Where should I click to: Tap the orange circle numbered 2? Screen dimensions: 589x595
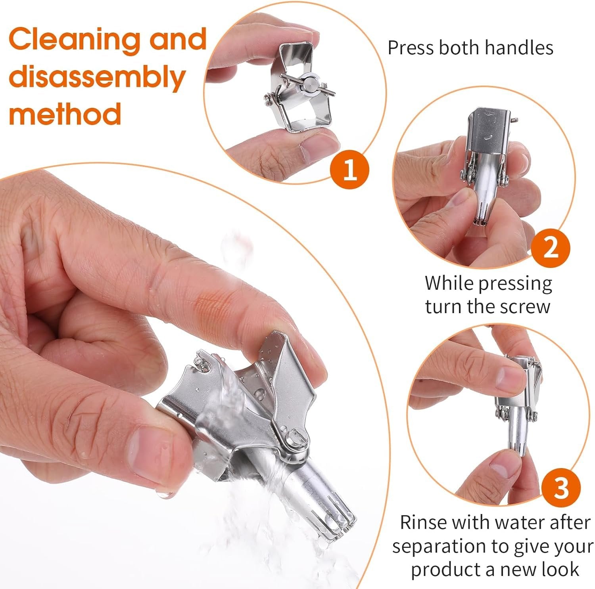coord(551,249)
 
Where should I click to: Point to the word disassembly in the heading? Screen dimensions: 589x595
coord(97,78)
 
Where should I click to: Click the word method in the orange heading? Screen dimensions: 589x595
coord(65,113)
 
